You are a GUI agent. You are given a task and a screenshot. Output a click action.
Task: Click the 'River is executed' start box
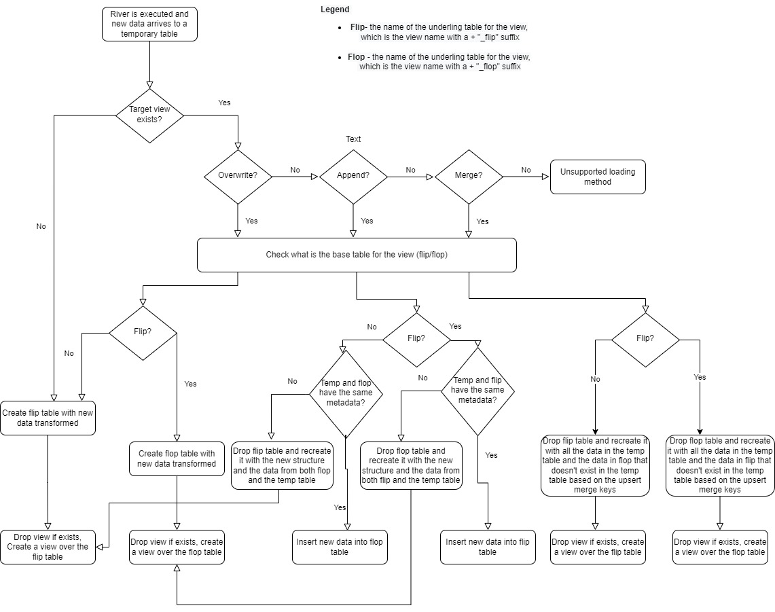click(x=149, y=24)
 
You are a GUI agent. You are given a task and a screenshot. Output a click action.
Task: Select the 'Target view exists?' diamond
click(x=149, y=115)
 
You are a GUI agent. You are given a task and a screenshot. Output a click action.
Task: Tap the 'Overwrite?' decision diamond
click(x=238, y=177)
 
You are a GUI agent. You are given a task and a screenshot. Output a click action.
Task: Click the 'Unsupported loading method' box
click(x=598, y=177)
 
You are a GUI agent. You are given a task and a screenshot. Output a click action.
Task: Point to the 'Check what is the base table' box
click(x=357, y=255)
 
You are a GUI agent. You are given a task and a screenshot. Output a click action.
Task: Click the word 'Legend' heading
click(x=335, y=10)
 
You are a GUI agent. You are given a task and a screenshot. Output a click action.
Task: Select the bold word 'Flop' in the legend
click(x=356, y=57)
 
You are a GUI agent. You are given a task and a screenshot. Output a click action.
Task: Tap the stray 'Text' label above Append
click(x=353, y=139)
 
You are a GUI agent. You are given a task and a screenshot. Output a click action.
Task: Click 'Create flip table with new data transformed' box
click(x=48, y=418)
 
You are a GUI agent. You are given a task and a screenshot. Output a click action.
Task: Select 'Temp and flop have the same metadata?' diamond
click(x=346, y=392)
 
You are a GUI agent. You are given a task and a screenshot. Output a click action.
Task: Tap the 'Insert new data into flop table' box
click(x=340, y=547)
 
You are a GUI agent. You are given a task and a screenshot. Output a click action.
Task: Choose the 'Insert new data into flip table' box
click(x=487, y=547)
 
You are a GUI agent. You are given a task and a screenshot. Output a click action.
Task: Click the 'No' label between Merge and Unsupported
click(x=526, y=170)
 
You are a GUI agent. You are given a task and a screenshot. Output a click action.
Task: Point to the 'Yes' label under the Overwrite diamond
click(x=251, y=221)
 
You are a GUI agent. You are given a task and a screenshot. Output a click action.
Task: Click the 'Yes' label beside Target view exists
click(x=224, y=103)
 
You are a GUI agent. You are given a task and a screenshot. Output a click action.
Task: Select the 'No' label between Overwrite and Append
click(x=295, y=170)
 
